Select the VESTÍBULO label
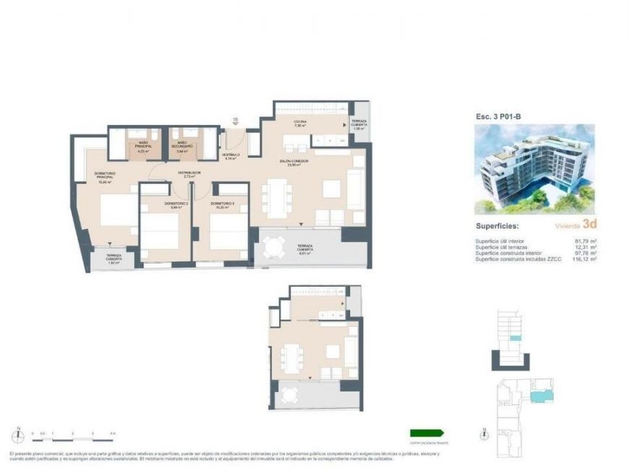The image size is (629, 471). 231,155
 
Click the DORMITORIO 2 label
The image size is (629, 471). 155,204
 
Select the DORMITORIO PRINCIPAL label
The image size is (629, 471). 106,177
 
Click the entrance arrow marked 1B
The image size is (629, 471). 235,123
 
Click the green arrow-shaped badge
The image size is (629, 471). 424,433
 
